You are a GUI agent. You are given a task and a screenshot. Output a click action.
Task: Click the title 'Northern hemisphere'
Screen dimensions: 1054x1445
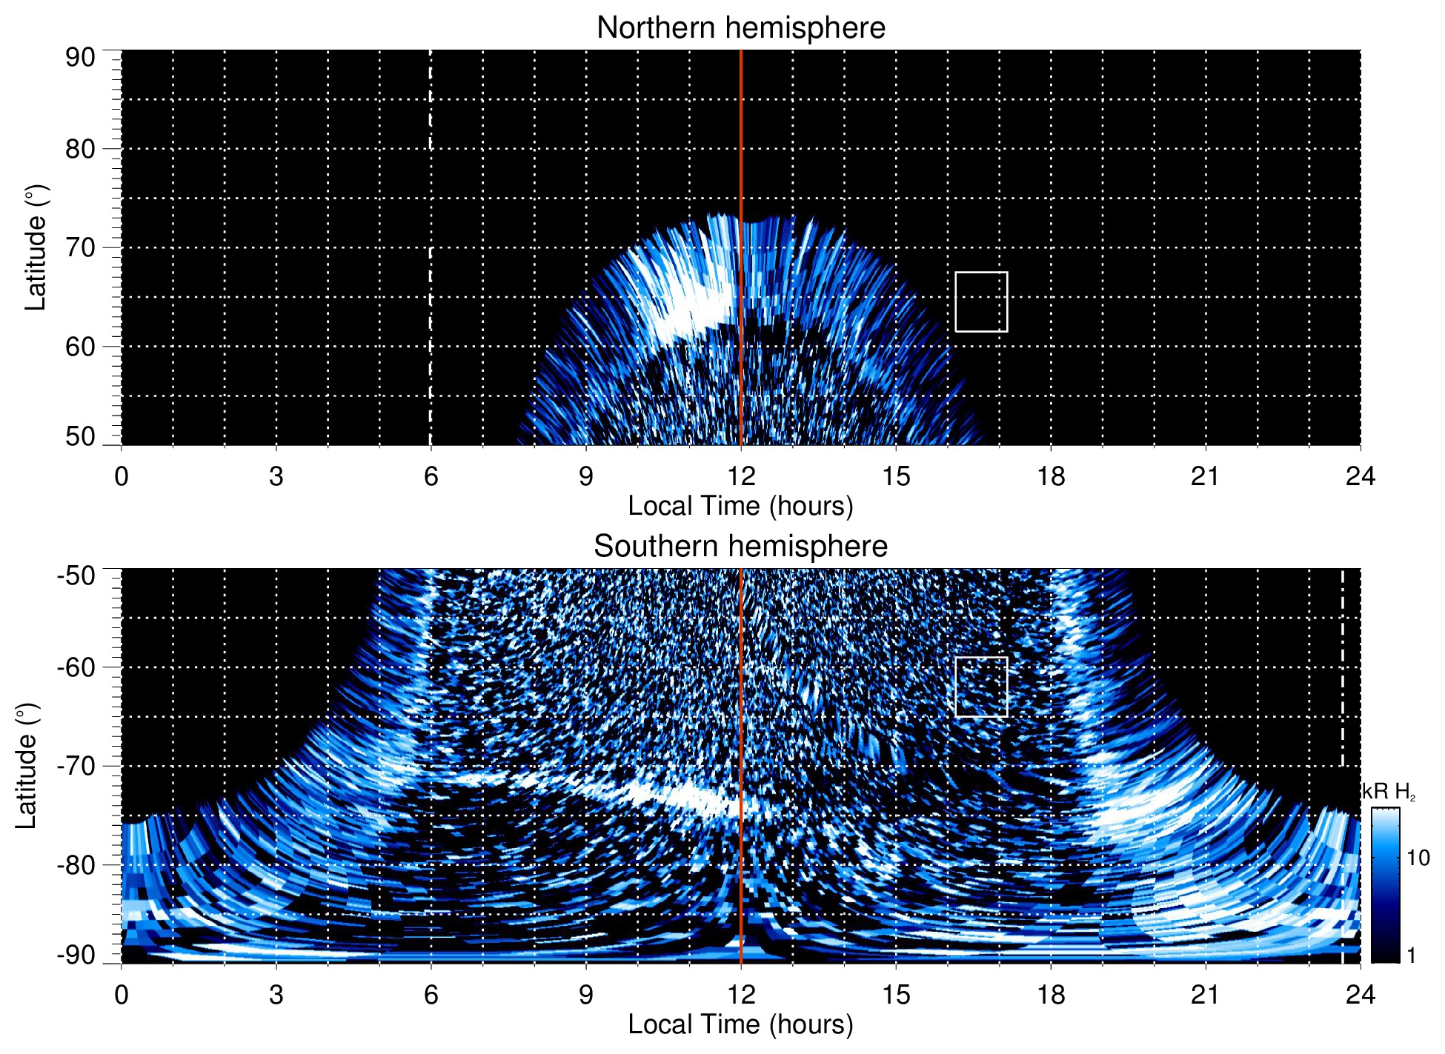click(x=740, y=28)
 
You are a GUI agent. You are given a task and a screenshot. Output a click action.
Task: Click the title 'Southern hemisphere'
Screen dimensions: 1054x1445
click(x=740, y=547)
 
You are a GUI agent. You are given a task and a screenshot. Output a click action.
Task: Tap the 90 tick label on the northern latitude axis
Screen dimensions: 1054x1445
click(x=80, y=58)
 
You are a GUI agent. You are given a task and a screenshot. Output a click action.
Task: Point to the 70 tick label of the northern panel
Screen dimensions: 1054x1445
click(x=80, y=247)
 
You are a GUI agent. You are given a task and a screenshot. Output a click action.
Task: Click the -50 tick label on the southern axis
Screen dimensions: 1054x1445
click(x=76, y=576)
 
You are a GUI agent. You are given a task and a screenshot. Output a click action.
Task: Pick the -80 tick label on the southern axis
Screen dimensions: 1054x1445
click(x=76, y=864)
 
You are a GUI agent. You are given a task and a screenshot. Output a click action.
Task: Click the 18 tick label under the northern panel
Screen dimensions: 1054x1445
click(x=1051, y=476)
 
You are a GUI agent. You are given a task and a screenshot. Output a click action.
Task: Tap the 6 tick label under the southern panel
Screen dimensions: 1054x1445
click(x=431, y=995)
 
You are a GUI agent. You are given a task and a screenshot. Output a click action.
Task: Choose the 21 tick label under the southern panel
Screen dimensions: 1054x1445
click(x=1206, y=995)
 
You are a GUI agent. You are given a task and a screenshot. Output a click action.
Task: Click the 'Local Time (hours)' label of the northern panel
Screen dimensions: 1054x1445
click(x=740, y=507)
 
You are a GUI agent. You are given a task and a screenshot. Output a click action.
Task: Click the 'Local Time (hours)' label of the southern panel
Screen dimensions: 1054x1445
click(x=740, y=1025)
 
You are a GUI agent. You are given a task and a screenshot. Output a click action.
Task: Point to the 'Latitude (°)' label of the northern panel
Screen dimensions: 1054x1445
click(x=36, y=247)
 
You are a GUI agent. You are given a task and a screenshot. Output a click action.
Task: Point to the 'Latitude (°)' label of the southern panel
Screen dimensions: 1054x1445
click(x=26, y=766)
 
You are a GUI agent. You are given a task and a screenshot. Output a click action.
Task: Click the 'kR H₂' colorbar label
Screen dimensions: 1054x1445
click(x=1389, y=792)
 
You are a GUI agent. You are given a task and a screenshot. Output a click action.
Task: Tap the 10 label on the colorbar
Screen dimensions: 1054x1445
click(x=1418, y=858)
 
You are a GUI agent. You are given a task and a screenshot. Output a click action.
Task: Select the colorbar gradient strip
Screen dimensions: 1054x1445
click(x=1384, y=885)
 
